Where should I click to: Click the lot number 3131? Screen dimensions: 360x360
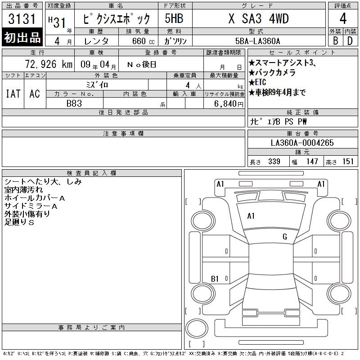point(22,19)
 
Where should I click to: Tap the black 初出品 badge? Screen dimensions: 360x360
point(22,37)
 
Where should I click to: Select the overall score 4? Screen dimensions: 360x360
point(343,18)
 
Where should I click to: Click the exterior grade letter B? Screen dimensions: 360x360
point(335,40)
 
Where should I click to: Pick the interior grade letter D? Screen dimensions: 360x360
point(350,40)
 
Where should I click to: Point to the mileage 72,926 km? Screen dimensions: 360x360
point(49,64)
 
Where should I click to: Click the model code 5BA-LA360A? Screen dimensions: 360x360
point(257,41)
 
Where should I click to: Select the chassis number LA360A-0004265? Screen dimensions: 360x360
point(302,143)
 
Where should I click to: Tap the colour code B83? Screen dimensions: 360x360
point(74,103)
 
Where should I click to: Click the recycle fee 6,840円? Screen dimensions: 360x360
point(229,104)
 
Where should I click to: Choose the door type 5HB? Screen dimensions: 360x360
point(174,18)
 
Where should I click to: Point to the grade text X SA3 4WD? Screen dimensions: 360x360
point(258,18)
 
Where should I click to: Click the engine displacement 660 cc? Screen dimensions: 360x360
point(143,41)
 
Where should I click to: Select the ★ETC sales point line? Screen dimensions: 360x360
point(257,82)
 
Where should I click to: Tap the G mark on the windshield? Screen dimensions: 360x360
point(285,237)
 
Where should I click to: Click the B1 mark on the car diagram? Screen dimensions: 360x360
point(215,279)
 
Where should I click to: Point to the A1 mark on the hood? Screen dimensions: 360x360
point(251,216)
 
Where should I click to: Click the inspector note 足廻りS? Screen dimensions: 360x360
point(19,222)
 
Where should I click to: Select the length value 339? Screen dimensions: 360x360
point(274,162)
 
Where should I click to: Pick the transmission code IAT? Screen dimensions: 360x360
point(13,94)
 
